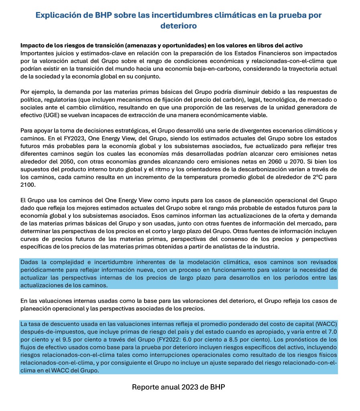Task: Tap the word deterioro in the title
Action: coord(179,26)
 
